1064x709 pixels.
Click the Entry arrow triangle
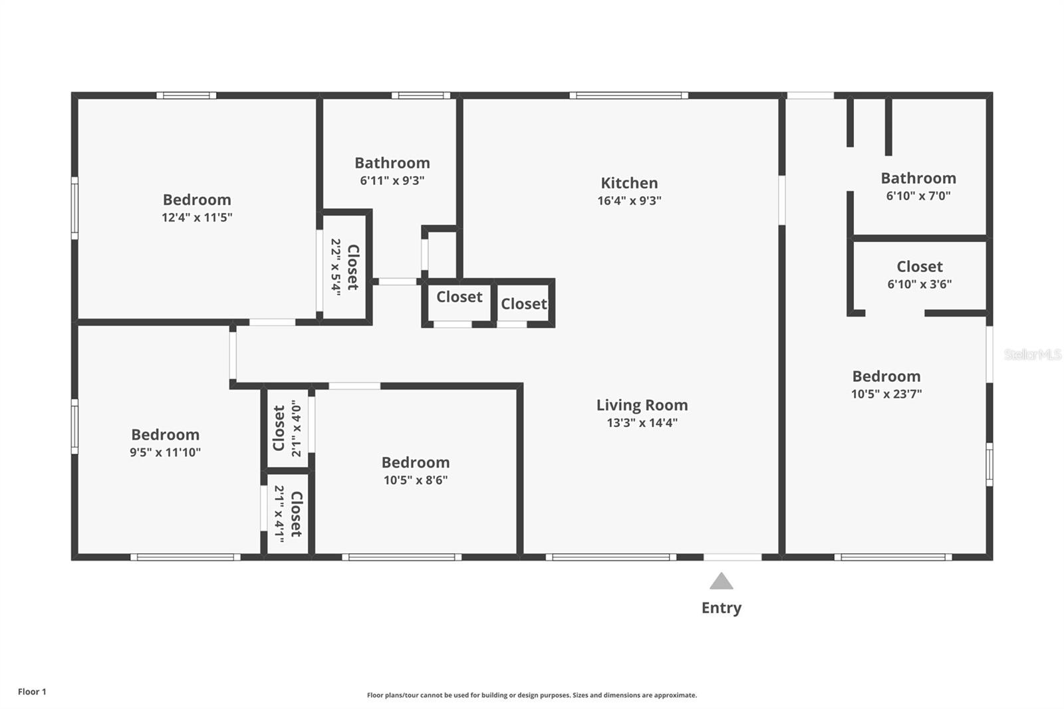tap(721, 582)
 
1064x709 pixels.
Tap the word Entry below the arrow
tap(721, 607)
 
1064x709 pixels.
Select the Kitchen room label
tap(629, 183)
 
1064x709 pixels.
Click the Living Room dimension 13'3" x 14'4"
tap(642, 422)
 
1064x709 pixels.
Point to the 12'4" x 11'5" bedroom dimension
tap(197, 217)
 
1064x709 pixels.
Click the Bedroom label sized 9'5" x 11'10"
tap(165, 434)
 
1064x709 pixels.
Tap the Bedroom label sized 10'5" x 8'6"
tap(415, 462)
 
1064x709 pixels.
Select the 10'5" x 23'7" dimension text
tap(886, 394)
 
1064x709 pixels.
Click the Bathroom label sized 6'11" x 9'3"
tap(392, 163)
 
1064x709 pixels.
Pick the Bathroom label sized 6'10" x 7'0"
tap(918, 178)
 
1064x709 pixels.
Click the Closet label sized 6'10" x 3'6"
tap(919, 267)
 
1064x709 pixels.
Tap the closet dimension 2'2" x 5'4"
tap(336, 267)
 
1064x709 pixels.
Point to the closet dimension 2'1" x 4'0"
tap(297, 428)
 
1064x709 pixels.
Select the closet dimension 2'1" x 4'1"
tap(279, 513)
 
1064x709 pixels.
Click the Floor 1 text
tap(32, 692)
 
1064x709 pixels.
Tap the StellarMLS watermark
tap(1032, 354)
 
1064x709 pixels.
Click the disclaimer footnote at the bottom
tap(531, 695)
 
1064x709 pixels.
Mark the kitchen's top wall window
tap(628, 96)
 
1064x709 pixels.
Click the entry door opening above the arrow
tap(732, 557)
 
